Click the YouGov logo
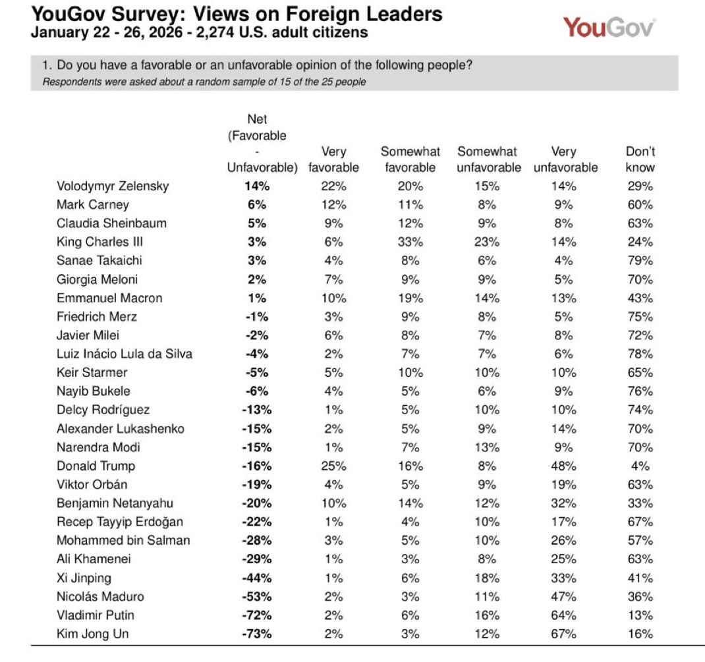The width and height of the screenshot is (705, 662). pos(609,28)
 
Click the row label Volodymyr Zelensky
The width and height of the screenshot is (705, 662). pos(113,186)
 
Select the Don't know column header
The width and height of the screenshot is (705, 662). pos(640,159)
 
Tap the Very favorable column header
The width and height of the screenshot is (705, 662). pos(333,159)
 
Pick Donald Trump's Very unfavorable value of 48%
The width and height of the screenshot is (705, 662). pos(565,466)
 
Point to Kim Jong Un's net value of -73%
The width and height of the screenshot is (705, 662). pos(256,634)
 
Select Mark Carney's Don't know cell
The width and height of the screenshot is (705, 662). pos(640,204)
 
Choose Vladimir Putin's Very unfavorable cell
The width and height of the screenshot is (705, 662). pos(565,615)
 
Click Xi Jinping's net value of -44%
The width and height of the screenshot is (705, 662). pos(256,578)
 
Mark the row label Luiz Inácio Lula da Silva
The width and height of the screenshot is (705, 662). pos(125,354)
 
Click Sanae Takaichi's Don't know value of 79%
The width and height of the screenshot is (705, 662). pos(640,260)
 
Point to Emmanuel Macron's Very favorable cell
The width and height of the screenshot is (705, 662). pos(333,298)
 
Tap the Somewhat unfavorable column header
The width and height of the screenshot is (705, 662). pos(488,159)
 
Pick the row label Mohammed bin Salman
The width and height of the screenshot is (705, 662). pos(123,540)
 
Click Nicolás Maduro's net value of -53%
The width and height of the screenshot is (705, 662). pos(256,596)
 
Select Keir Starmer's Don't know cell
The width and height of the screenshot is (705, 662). pos(640,372)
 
